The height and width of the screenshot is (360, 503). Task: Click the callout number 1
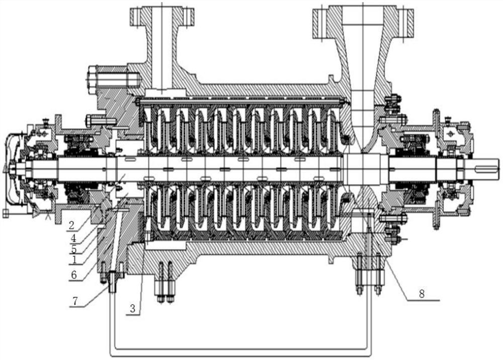pos(74,259)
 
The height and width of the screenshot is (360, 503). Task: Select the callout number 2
pos(71,225)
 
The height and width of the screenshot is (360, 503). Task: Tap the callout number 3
pos(133,309)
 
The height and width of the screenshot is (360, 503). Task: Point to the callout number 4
pos(73,238)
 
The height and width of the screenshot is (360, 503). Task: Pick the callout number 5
pos(74,249)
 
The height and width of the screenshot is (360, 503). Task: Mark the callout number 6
pos(74,274)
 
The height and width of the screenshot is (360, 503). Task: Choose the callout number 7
pos(75,301)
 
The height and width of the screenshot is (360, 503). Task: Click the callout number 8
pos(422,294)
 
